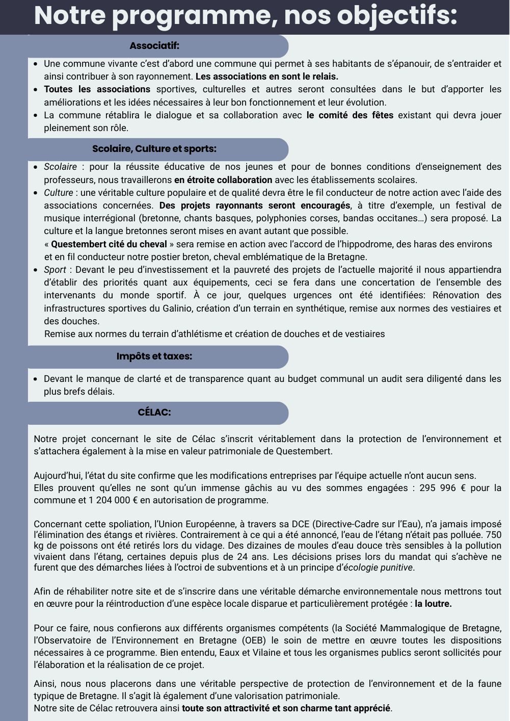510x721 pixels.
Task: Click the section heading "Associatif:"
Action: pyautogui.click(x=154, y=46)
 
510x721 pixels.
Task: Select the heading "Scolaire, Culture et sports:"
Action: pyautogui.click(x=154, y=149)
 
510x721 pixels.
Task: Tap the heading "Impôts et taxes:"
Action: pyautogui.click(x=154, y=356)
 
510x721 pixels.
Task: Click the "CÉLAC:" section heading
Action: pyautogui.click(x=154, y=413)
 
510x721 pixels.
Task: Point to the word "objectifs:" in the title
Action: pyautogui.click(x=397, y=15)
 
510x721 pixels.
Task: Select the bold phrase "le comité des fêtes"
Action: pyautogui.click(x=350, y=115)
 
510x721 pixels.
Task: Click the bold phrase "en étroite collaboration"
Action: pyautogui.click(x=223, y=180)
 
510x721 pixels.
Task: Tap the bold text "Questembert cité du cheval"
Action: pyautogui.click(x=109, y=244)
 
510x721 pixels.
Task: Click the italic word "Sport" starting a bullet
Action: pyautogui.click(x=55, y=270)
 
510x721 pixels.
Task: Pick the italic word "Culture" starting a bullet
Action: pyautogui.click(x=59, y=193)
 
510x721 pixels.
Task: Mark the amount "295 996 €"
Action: pyautogui.click(x=442, y=488)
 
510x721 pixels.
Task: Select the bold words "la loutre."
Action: pyautogui.click(x=433, y=604)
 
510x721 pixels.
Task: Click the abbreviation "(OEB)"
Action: pyautogui.click(x=261, y=640)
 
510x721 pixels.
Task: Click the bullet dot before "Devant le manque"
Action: pyautogui.click(x=35, y=379)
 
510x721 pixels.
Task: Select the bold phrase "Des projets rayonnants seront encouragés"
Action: pyautogui.click(x=255, y=205)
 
